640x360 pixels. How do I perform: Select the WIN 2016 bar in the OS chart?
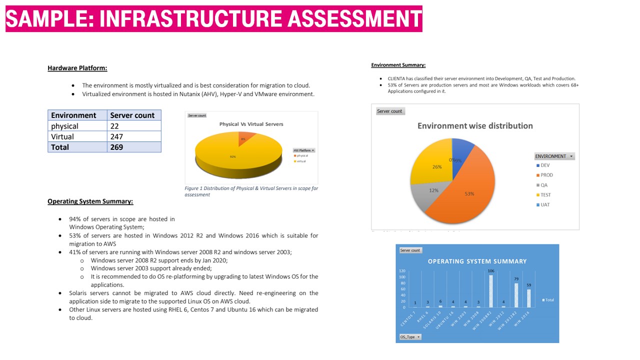click(529, 298)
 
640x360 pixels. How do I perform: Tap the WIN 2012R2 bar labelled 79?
click(516, 295)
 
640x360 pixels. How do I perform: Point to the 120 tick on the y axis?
click(402, 270)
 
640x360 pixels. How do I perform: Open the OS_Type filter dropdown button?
click(410, 337)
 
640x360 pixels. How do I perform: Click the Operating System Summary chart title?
click(477, 261)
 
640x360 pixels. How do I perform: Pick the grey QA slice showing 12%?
click(430, 195)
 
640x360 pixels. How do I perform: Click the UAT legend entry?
click(544, 205)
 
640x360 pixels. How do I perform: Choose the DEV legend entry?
click(544, 165)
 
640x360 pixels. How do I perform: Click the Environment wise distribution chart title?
click(475, 126)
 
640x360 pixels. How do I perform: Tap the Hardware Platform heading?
click(77, 68)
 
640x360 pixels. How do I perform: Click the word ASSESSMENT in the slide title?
click(355, 19)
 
